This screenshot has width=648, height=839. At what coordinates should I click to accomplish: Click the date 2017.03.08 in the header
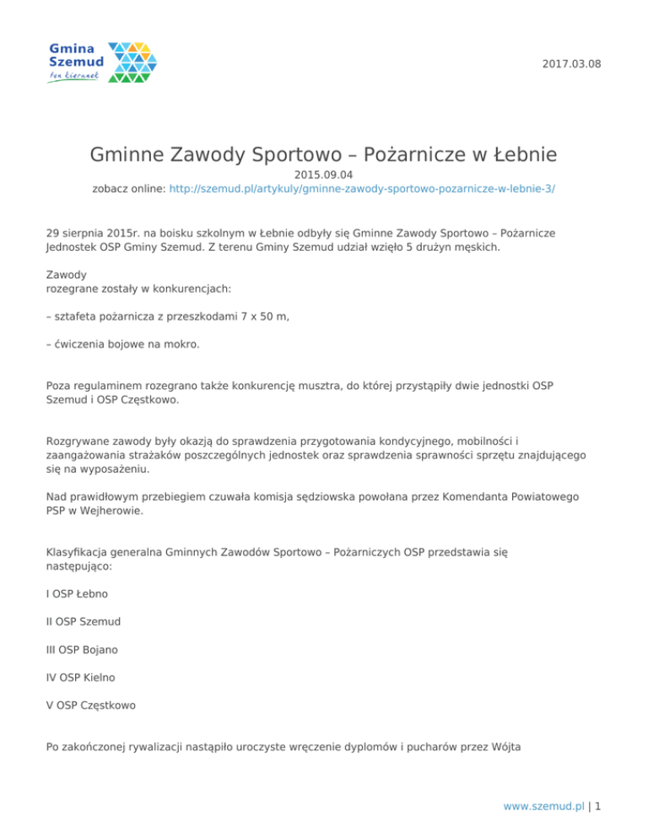click(573, 64)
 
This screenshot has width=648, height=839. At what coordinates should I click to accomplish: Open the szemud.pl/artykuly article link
click(362, 192)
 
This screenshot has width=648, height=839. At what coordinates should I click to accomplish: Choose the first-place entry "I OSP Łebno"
click(77, 593)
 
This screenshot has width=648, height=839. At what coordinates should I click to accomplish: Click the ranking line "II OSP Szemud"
click(84, 621)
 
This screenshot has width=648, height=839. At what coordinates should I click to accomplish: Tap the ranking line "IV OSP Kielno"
click(81, 676)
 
